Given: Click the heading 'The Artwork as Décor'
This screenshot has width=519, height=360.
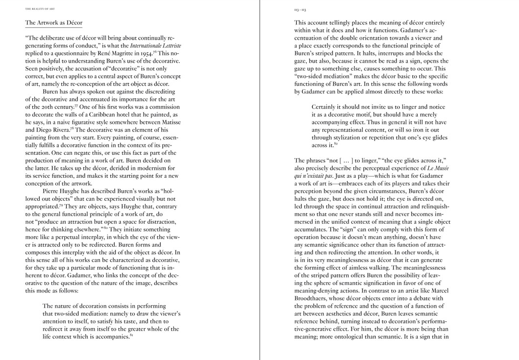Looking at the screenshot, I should [54, 23].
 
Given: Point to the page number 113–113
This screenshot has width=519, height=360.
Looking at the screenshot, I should [300, 9].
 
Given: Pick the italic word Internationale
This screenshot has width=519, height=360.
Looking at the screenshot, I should [146, 46].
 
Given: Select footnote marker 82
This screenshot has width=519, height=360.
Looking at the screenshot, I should [336, 144].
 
